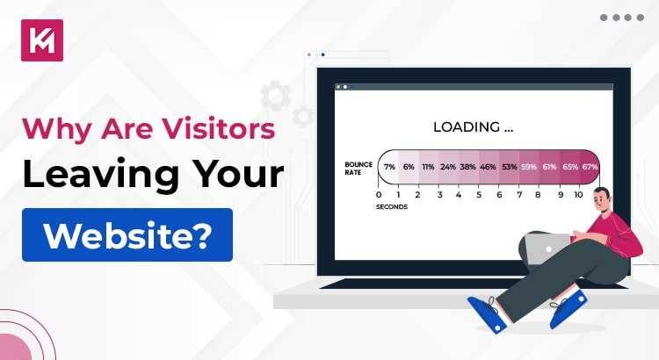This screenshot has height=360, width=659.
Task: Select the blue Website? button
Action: (127, 234)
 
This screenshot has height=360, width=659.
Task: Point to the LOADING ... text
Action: (473, 127)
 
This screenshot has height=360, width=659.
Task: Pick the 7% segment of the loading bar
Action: (388, 166)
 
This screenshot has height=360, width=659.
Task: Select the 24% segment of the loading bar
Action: (448, 166)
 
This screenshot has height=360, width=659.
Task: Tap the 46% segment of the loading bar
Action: (489, 166)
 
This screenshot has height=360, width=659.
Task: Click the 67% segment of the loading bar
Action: (590, 166)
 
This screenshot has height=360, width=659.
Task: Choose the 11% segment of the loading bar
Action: (428, 166)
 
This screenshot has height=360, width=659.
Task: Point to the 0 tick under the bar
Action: (379, 195)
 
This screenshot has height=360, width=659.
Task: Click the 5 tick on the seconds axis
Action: (479, 195)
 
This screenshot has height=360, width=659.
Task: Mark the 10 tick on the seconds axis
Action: (578, 195)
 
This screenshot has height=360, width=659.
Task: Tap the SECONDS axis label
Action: (392, 207)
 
